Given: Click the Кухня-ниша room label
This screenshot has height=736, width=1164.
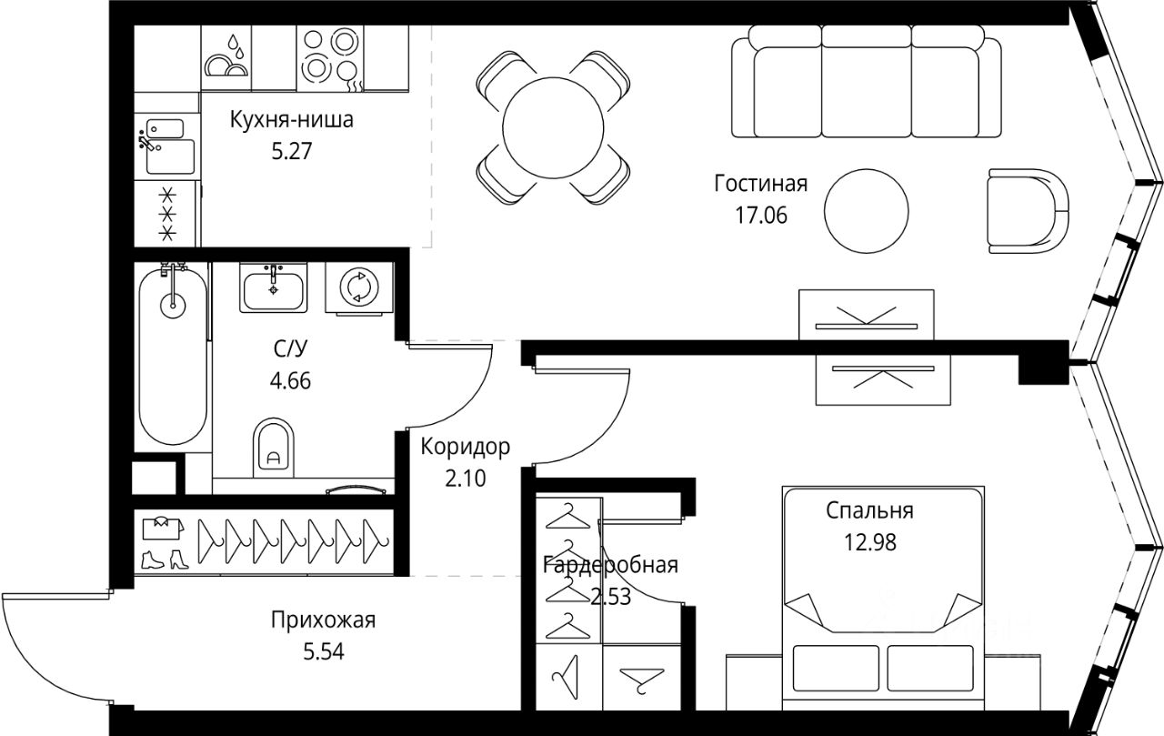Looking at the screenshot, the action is (x=292, y=120).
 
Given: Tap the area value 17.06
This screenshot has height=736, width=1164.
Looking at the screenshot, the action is (x=761, y=216).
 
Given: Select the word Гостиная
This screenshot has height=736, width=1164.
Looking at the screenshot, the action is (x=761, y=184).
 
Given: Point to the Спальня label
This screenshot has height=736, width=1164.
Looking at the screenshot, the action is (x=870, y=510).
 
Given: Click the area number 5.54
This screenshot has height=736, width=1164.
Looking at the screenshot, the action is (x=324, y=651).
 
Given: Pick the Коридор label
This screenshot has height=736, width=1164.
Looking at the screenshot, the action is (x=465, y=447).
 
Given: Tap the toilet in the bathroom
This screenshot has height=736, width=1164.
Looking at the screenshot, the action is (x=274, y=448).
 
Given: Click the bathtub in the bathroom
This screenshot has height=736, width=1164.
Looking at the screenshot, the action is (x=173, y=355).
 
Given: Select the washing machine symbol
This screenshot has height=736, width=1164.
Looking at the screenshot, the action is (x=359, y=287).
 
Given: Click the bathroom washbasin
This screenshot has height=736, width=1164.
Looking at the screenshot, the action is (x=274, y=287).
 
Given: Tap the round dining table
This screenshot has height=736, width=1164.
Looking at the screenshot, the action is (x=554, y=127).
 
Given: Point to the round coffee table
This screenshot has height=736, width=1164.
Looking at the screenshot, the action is (x=867, y=211).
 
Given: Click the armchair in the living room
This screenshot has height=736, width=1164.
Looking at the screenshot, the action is (x=1029, y=211).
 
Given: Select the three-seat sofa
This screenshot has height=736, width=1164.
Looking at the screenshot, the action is (x=867, y=81).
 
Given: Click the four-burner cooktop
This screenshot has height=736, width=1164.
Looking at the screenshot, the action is (x=330, y=59).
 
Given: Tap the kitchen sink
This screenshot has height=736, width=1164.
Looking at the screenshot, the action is (x=166, y=147).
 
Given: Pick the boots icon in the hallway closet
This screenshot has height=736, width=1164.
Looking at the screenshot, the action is (x=166, y=560).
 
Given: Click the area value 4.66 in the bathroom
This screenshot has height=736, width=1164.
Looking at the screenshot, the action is (x=290, y=381).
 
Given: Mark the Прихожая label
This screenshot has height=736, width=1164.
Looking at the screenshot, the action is (x=323, y=620).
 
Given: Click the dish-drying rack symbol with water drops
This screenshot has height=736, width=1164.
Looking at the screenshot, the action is (x=226, y=56).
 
